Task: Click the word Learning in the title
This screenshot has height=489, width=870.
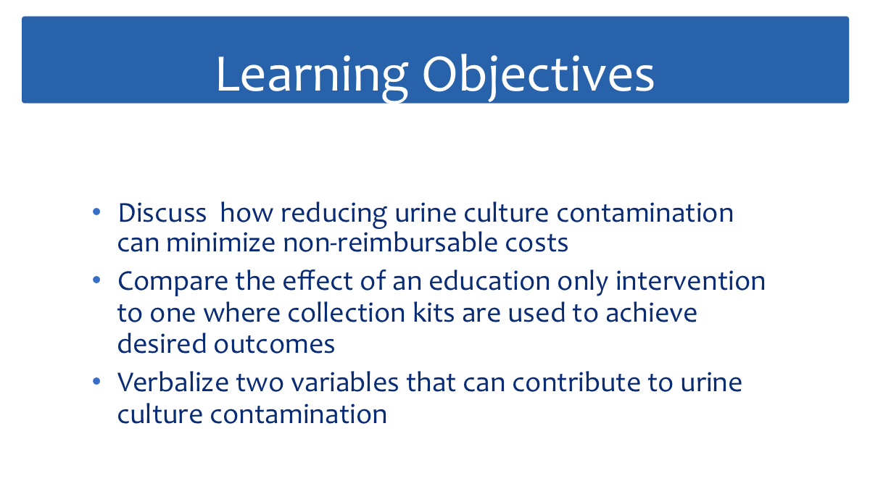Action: pyautogui.click(x=312, y=76)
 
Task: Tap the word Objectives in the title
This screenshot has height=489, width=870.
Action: pyautogui.click(x=538, y=76)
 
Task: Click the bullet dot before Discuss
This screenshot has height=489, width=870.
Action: pyautogui.click(x=96, y=212)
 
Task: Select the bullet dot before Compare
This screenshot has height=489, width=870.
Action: pyautogui.click(x=96, y=280)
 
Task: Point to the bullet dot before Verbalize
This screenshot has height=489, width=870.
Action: pyautogui.click(x=96, y=381)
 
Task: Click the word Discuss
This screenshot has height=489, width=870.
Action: pyautogui.click(x=162, y=213)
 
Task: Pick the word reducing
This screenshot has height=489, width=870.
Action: pyautogui.click(x=334, y=214)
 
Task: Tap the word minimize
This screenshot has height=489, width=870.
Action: pyautogui.click(x=221, y=243)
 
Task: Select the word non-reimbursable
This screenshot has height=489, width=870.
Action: pyautogui.click(x=390, y=243)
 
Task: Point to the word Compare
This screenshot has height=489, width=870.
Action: pyautogui.click(x=173, y=282)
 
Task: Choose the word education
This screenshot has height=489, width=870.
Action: pyautogui.click(x=489, y=280)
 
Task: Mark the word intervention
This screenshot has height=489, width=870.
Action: pyautogui.click(x=690, y=280)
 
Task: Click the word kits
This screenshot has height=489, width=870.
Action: pyautogui.click(x=434, y=312)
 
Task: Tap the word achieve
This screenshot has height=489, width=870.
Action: pyautogui.click(x=651, y=312)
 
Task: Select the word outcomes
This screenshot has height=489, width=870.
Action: pyautogui.click(x=274, y=345)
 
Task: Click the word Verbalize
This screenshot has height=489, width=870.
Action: pyautogui.click(x=173, y=383)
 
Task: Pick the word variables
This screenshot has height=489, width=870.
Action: pyautogui.click(x=345, y=383)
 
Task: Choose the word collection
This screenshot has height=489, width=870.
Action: pyautogui.click(x=347, y=312)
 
